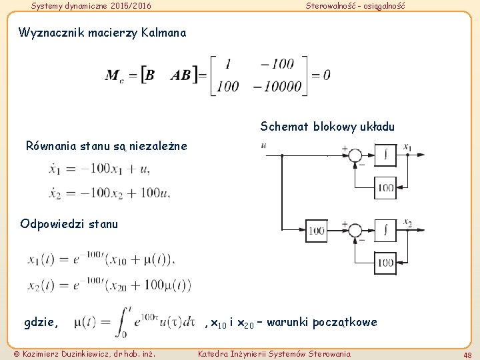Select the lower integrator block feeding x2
tap(385, 230)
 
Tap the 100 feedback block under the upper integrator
tap(385, 188)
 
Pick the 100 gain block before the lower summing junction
tap(316, 231)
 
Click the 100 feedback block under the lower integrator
tap(385, 262)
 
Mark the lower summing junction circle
tap(355, 231)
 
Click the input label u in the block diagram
tap(265, 145)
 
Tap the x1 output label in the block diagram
tap(407, 147)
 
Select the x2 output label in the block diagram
tap(407, 223)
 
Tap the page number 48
tap(467, 354)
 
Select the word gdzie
tap(41, 323)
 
